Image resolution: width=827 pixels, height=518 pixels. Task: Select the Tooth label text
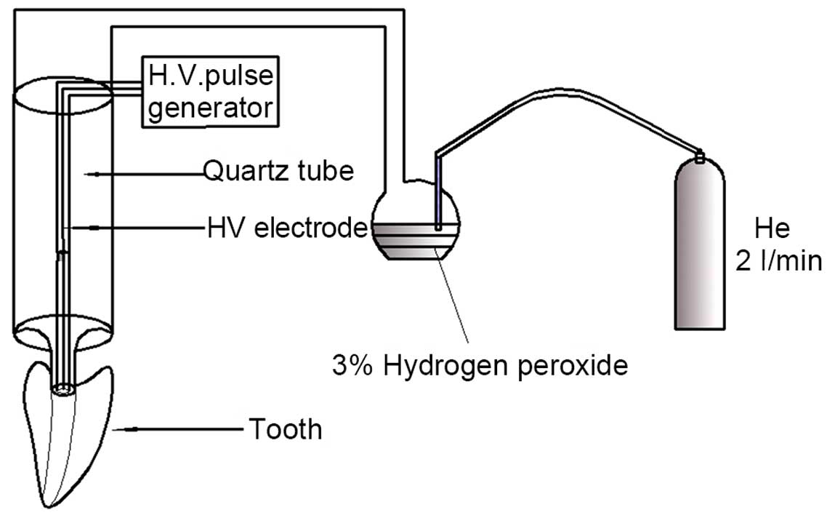coord(285,429)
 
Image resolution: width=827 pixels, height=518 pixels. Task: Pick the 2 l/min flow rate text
coord(778,260)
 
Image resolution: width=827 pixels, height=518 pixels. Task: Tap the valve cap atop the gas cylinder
coord(700,156)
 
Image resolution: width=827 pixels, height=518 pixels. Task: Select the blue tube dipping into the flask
coord(438,193)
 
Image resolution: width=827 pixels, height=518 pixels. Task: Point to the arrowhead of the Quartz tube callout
coord(88,173)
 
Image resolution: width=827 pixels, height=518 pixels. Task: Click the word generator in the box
coord(211,108)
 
